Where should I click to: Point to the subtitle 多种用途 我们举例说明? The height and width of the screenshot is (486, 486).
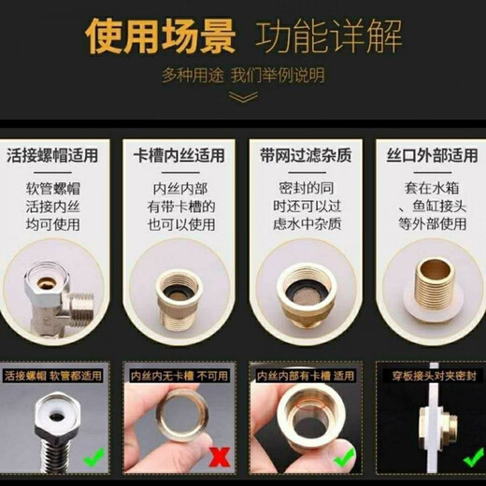pos(243,74)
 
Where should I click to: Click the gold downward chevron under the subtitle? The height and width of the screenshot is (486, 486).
pos(243,96)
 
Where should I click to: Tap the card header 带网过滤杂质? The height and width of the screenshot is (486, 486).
pos(305,156)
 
